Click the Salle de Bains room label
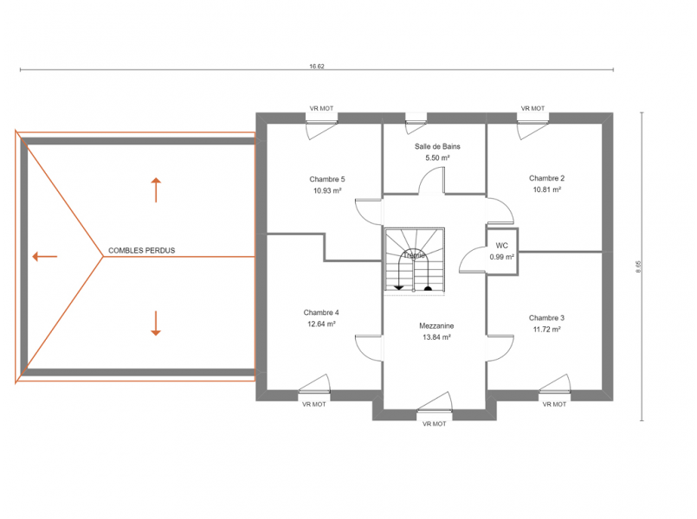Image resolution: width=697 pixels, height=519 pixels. [x=437, y=146]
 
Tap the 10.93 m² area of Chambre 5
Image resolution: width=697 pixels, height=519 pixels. [x=327, y=191]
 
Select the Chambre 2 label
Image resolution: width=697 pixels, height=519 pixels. [x=546, y=178]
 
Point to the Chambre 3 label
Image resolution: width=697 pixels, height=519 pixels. [x=546, y=317]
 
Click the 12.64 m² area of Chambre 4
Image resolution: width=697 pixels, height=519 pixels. [x=321, y=324]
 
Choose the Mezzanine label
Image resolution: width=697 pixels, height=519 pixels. [x=436, y=326]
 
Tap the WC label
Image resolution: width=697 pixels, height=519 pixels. [x=502, y=246]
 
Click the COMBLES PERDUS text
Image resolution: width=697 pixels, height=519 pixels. [x=142, y=250]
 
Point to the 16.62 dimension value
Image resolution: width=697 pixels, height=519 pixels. [x=317, y=66]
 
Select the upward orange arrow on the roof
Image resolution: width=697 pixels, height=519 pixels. [x=156, y=190]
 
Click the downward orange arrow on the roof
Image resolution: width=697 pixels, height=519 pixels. [x=156, y=324]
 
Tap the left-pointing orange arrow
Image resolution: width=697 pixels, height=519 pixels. [x=44, y=256]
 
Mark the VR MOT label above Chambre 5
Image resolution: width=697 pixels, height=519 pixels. [x=321, y=108]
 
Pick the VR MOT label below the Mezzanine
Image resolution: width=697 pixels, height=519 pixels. [x=435, y=424]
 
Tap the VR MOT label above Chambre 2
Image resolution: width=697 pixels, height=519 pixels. [x=533, y=108]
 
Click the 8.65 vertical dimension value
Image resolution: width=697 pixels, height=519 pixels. [x=639, y=266]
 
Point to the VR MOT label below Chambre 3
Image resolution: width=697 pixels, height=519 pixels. [x=554, y=405]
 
